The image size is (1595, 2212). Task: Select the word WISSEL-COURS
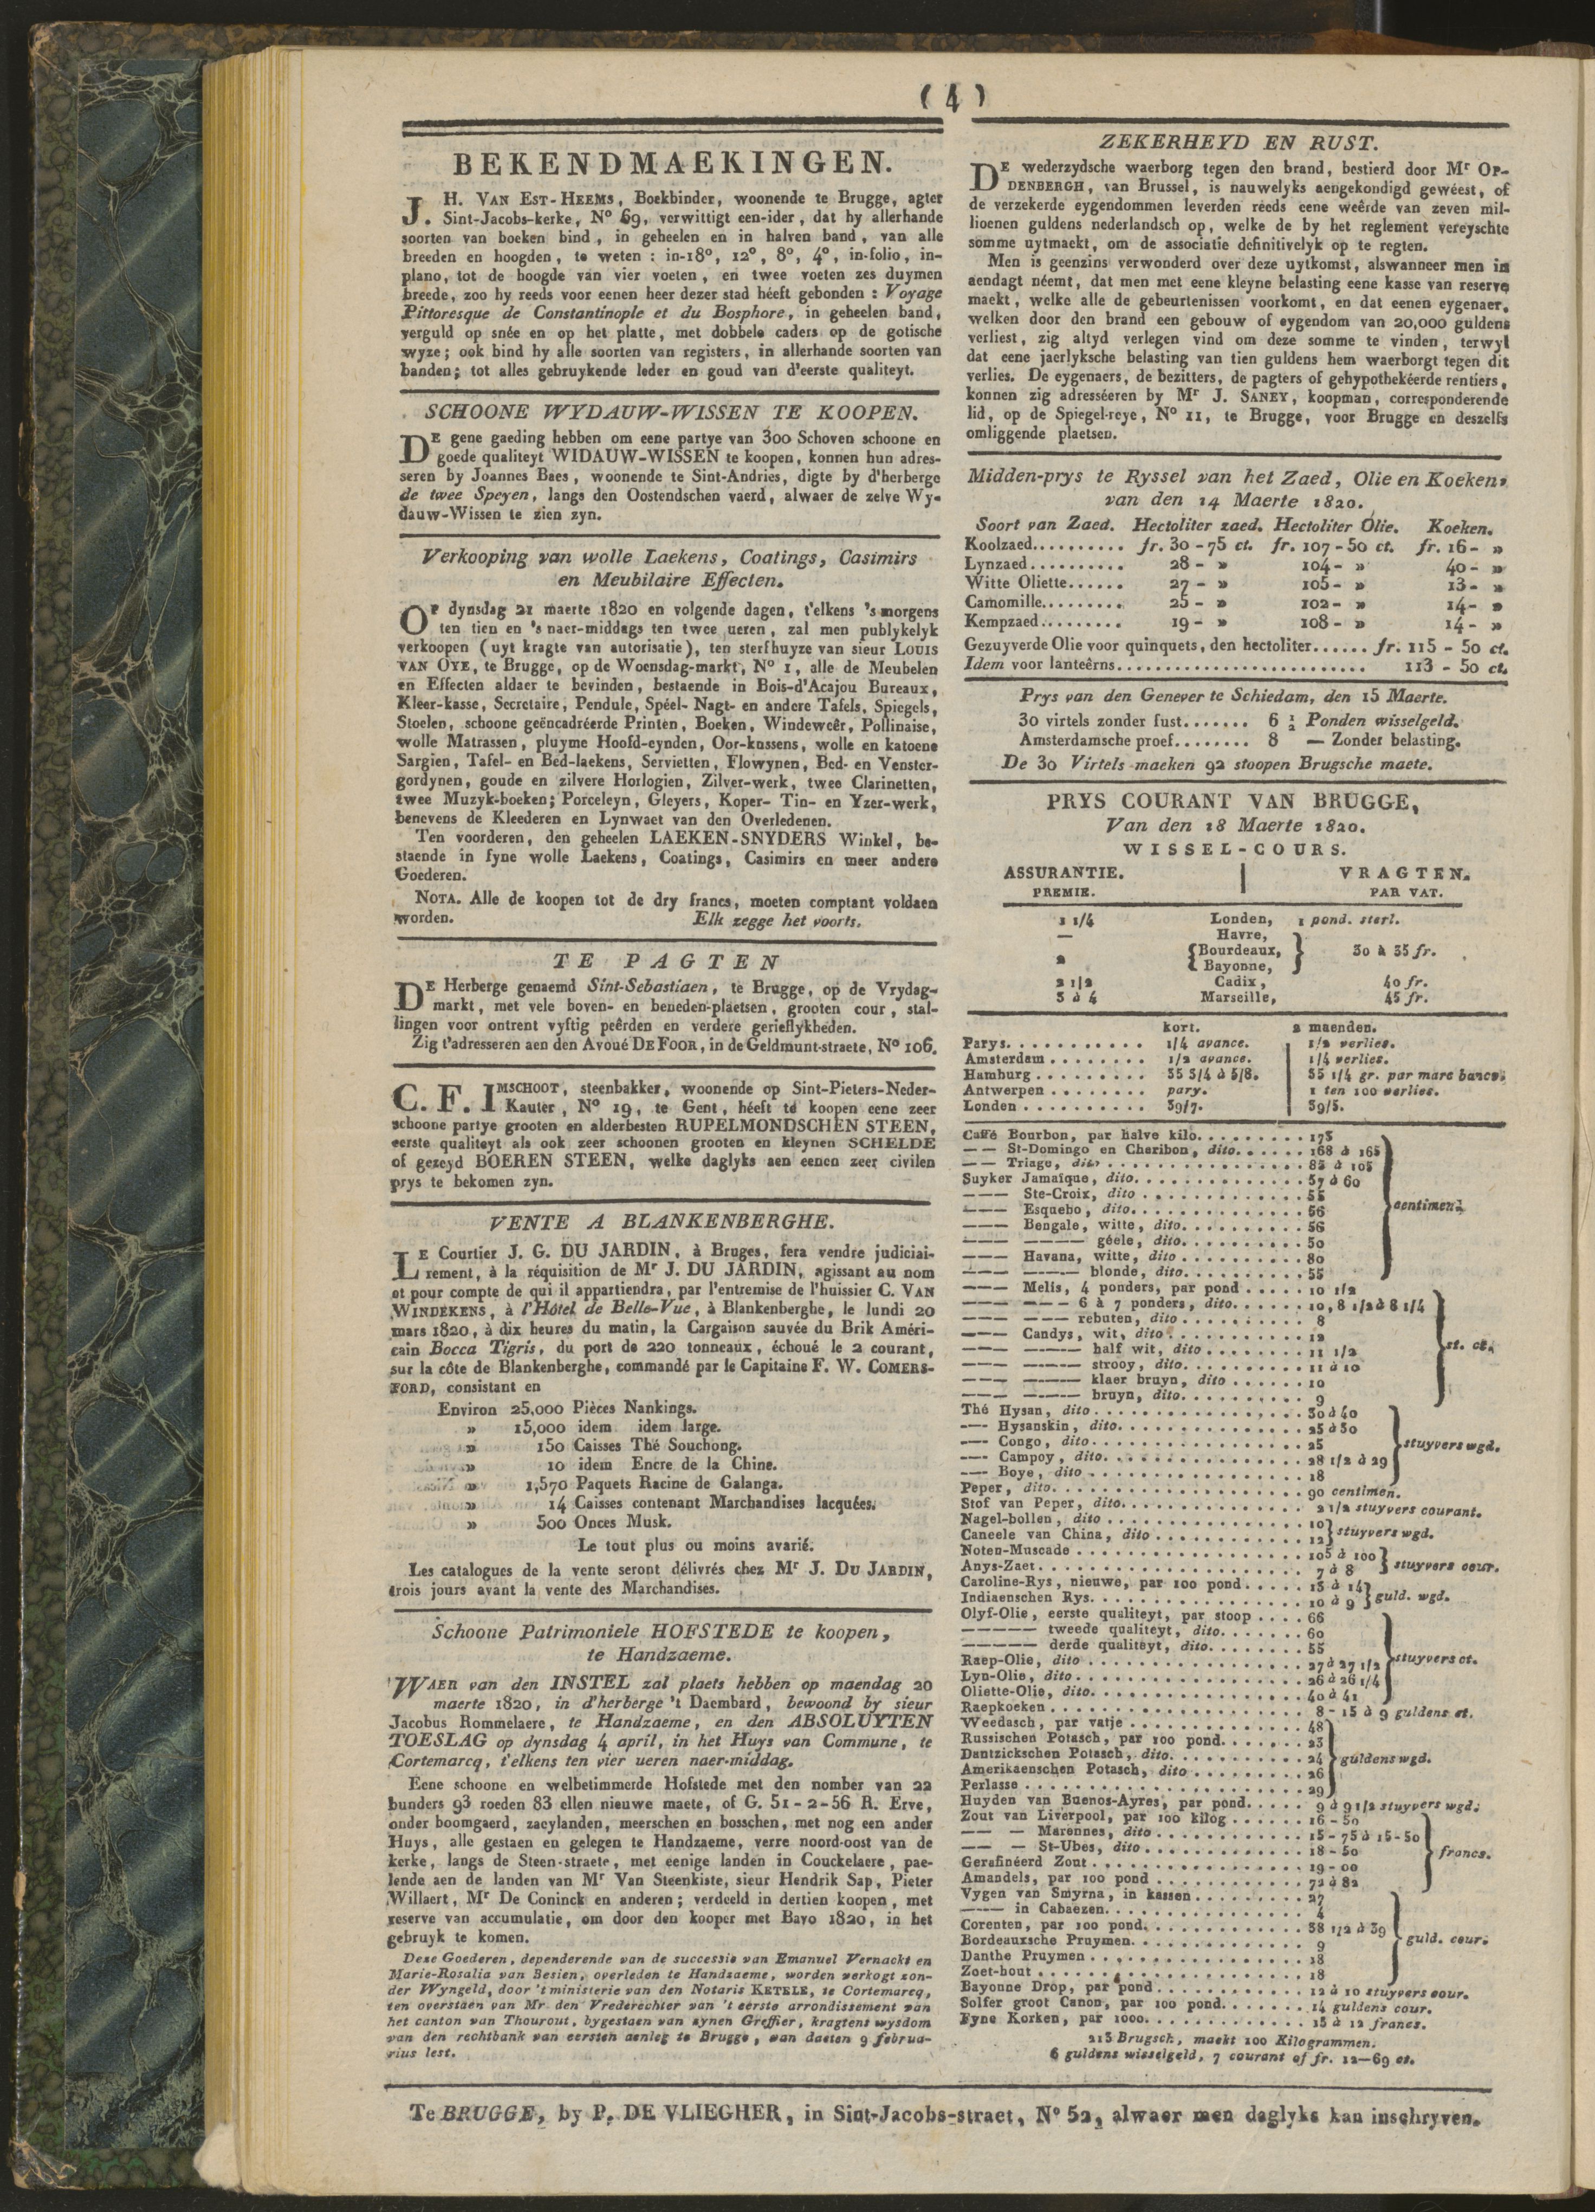point(1230,848)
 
